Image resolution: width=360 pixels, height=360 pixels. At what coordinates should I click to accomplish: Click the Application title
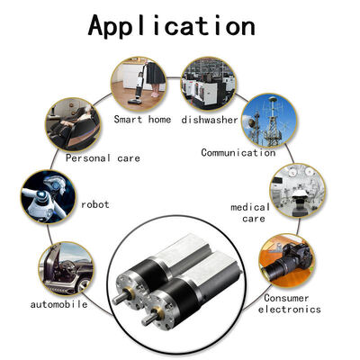[x=172, y=26]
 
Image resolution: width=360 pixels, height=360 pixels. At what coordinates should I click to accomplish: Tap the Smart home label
[x=142, y=120]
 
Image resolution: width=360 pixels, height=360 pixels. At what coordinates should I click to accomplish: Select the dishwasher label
[x=210, y=120]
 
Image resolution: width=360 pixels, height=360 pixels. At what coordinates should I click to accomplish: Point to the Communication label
[x=238, y=153]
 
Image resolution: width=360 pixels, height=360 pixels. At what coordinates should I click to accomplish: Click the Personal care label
[x=103, y=158]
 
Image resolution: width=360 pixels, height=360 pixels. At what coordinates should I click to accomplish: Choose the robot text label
[x=95, y=205]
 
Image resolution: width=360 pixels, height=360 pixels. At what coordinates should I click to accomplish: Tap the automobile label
[x=58, y=304]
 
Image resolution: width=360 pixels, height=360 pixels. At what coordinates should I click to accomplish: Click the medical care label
[x=251, y=212]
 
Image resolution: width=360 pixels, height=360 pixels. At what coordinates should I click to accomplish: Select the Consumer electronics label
[x=289, y=303]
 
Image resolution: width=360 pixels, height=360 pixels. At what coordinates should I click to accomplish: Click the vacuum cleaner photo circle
[x=139, y=84]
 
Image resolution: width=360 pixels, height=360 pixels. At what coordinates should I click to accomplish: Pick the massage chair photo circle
[x=73, y=124]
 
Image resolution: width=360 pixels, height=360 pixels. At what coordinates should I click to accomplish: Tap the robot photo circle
[x=49, y=197]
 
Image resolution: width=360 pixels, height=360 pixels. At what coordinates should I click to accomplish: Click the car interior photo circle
[x=66, y=269]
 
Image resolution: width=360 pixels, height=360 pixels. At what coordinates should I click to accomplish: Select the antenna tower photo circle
[x=269, y=121]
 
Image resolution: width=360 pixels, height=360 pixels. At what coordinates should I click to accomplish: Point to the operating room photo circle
[x=298, y=191]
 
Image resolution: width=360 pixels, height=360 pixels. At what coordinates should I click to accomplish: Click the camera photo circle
[x=286, y=261]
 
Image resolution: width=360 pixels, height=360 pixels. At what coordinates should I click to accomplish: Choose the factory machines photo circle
[x=209, y=84]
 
